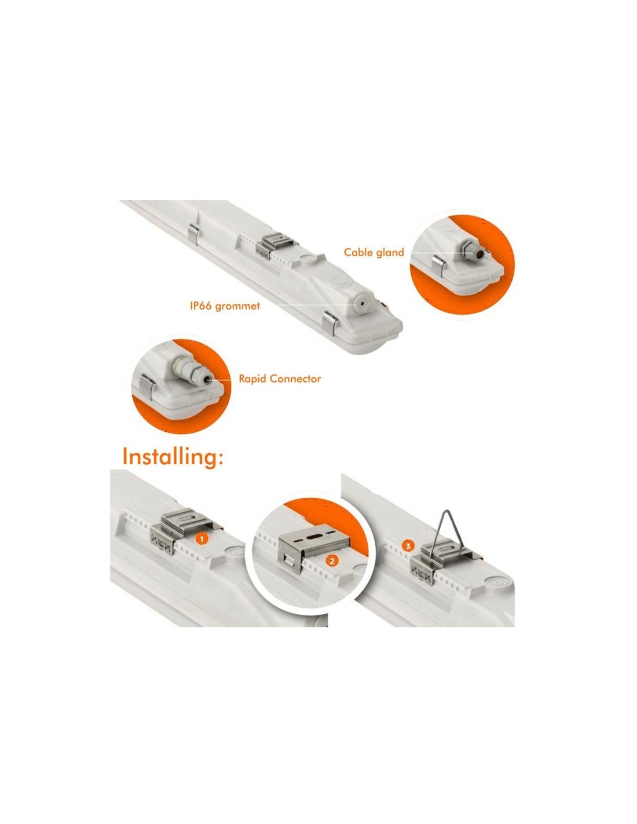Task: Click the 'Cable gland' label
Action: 374,252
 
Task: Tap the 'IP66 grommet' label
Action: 225,305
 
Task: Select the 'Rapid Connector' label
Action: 280,378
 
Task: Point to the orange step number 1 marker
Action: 202,538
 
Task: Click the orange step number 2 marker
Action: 332,571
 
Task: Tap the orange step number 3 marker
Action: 408,546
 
